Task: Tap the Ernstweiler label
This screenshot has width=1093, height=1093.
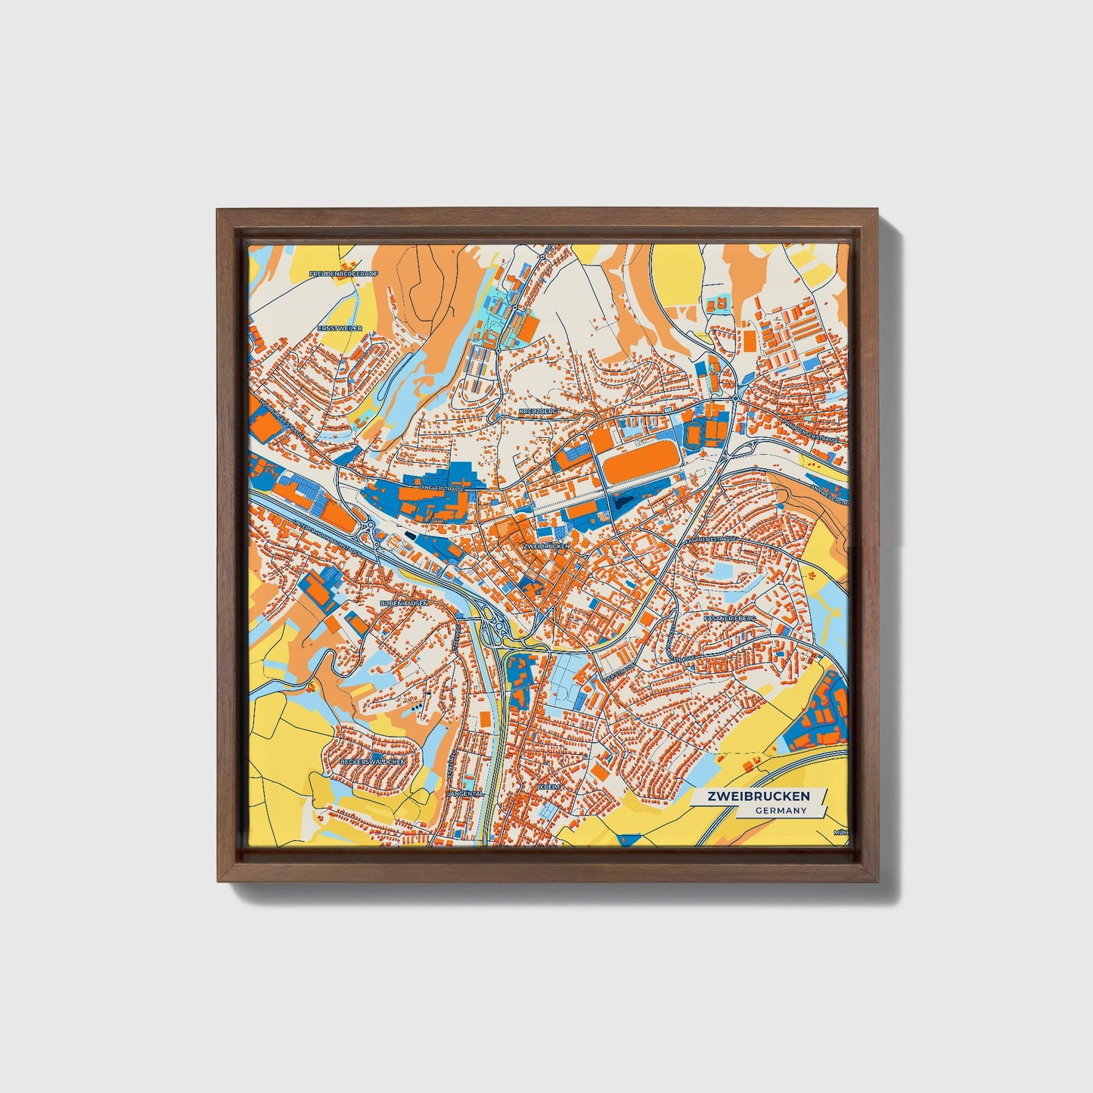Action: [x=340, y=328]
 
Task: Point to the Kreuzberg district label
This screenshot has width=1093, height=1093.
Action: [x=539, y=411]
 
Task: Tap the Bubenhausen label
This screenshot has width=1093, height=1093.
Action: [x=405, y=603]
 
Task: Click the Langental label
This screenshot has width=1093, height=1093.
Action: [x=464, y=794]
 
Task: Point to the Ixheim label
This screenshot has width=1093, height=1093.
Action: [x=548, y=787]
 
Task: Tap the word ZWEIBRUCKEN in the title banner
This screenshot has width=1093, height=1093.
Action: [x=758, y=796]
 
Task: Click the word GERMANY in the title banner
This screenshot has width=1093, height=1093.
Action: [x=780, y=810]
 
